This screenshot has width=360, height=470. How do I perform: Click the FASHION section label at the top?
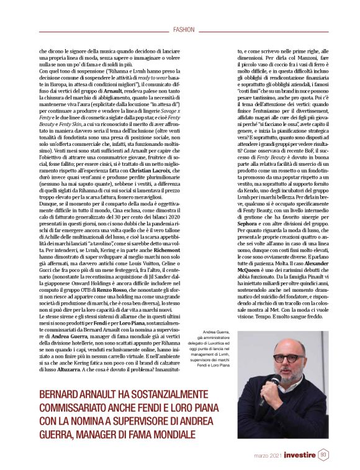click(x=184, y=29)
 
